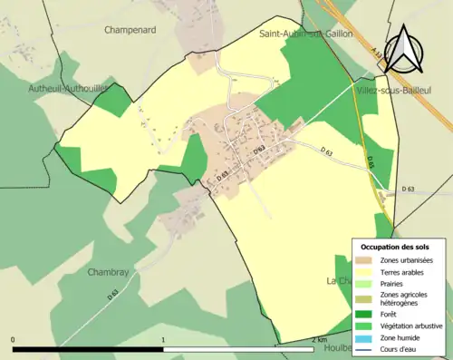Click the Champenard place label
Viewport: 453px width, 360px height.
pyautogui.click(x=131, y=30)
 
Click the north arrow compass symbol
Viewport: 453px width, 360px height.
pyautogui.click(x=403, y=48)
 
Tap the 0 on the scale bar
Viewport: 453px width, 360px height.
pyautogui.click(x=14, y=340)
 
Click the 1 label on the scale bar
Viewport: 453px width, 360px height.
pyautogui.click(x=163, y=340)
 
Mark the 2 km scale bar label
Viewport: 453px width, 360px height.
pyautogui.click(x=317, y=340)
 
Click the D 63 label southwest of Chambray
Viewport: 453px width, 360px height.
pyautogui.click(x=113, y=294)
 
